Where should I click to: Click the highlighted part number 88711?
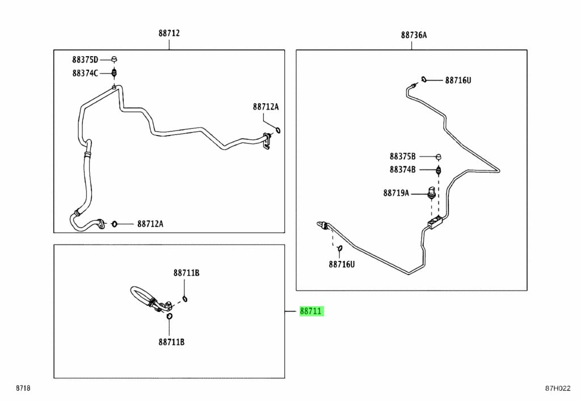click(311, 311)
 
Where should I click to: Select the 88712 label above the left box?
click(169, 33)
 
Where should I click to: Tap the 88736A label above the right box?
click(414, 35)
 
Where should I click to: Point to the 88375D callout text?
click(85, 59)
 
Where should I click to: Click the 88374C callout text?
click(85, 73)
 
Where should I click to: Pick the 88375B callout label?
click(402, 156)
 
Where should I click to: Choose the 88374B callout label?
click(402, 169)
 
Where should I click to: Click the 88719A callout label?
click(396, 193)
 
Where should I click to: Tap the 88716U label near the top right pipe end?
click(458, 80)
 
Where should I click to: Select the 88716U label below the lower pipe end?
click(342, 264)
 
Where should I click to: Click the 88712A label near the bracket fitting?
click(266, 107)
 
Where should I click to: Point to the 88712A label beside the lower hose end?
click(150, 223)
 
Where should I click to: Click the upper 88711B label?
click(186, 273)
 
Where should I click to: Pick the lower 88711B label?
click(171, 342)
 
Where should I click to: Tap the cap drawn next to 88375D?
click(114, 59)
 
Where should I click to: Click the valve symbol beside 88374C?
click(115, 73)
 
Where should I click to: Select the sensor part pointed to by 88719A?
click(431, 193)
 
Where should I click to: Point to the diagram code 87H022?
click(557, 389)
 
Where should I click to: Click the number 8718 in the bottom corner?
click(23, 388)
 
